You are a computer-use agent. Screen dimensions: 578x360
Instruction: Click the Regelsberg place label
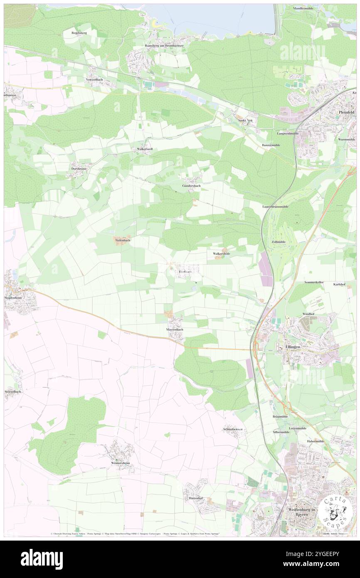pyautogui.click(x=79, y=32)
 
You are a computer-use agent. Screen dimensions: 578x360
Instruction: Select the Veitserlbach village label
pyautogui.click(x=94, y=79)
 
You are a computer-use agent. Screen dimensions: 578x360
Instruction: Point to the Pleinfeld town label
pyautogui.click(x=346, y=112)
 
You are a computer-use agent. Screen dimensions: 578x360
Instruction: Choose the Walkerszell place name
pyautogui.click(x=144, y=148)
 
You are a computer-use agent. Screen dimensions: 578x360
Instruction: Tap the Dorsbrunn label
pyautogui.click(x=79, y=169)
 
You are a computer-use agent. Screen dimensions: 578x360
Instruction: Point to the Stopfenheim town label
pyautogui.click(x=12, y=298)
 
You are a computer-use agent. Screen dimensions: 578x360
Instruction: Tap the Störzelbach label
pyautogui.click(x=13, y=392)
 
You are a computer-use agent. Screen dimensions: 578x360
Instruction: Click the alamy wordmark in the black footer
pyautogui.click(x=42, y=559)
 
